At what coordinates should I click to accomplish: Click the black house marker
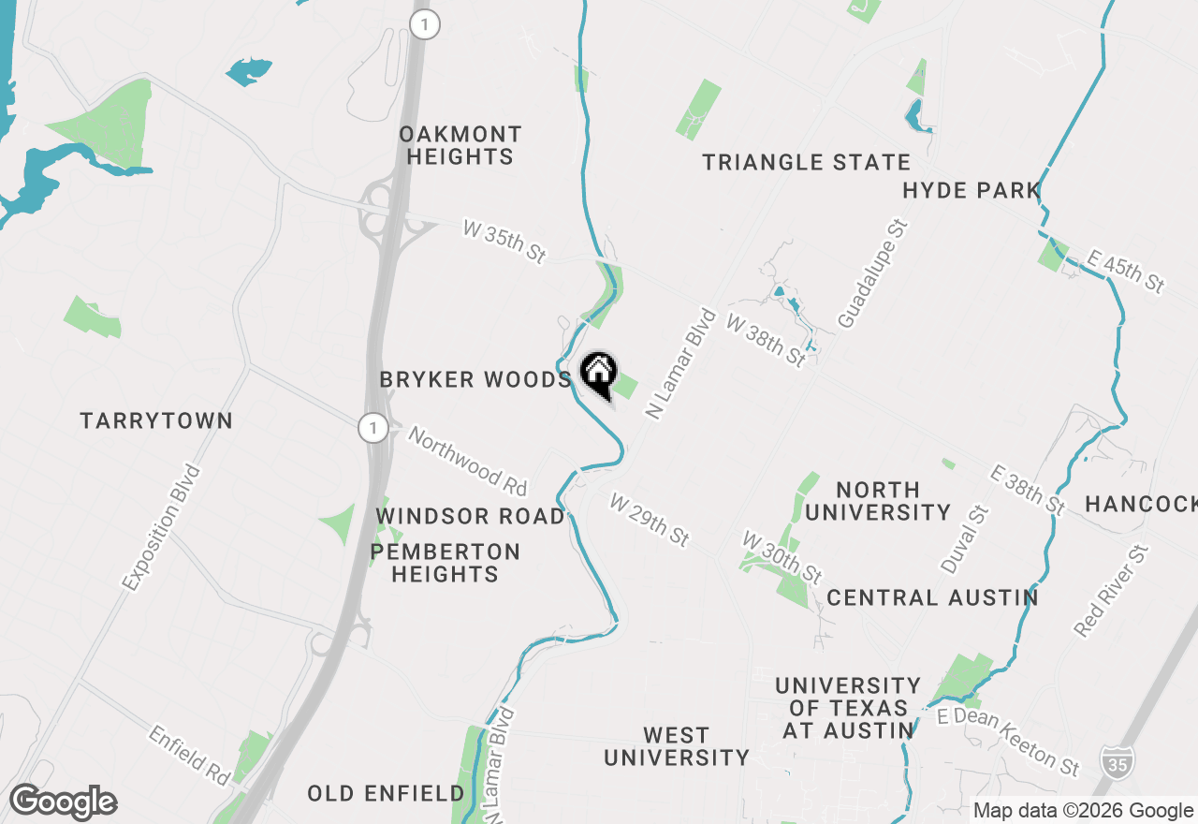coord(599,375)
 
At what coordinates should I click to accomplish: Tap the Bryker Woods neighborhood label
coord(475,379)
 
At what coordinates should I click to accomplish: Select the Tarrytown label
coord(156,420)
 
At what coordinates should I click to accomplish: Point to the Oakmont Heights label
coord(460,145)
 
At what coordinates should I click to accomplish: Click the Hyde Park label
coord(972,191)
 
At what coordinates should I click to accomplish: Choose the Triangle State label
coord(806,162)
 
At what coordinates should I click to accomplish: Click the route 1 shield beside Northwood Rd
coord(373,429)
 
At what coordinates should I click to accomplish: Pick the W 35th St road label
coord(504,242)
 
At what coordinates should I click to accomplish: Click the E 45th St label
coord(1126,271)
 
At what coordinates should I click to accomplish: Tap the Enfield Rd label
coord(189,755)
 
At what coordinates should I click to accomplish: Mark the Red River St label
coord(1111,591)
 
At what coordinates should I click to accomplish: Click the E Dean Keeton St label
coord(1009,742)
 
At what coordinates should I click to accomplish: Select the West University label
coord(677,746)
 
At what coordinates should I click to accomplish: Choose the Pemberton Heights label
coord(445,563)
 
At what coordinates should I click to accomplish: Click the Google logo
coord(64,802)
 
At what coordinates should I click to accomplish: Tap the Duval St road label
coord(965,539)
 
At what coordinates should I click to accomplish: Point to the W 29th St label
coord(650,520)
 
